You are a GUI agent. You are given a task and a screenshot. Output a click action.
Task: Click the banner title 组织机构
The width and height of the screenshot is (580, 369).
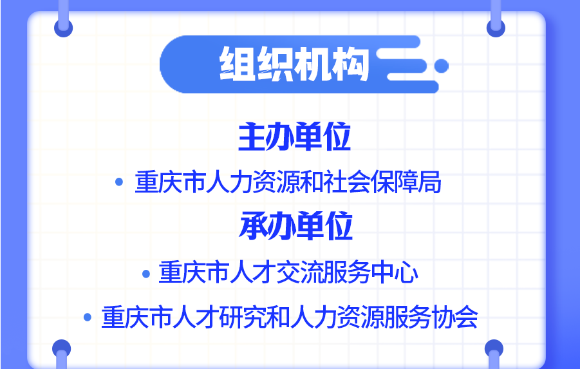click(294, 64)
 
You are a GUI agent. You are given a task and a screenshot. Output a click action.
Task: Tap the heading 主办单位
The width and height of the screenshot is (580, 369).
click(294, 138)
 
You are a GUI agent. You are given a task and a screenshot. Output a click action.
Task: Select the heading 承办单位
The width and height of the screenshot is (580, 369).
click(295, 226)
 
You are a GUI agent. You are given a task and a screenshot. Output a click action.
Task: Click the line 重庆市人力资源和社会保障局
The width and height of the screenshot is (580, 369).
click(288, 183)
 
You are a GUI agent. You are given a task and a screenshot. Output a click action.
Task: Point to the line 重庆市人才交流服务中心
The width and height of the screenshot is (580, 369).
click(288, 273)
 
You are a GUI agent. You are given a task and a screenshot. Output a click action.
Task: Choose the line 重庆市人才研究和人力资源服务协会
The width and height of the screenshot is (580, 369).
click(289, 317)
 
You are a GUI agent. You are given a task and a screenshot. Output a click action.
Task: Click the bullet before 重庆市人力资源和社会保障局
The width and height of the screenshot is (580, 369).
click(118, 182)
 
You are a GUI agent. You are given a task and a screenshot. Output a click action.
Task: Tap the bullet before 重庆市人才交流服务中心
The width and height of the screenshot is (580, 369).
click(145, 273)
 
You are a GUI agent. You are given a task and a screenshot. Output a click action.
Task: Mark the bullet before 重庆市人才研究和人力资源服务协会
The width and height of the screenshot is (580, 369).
click(88, 317)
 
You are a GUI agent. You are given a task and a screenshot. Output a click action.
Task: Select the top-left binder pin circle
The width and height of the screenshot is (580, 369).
click(64, 28)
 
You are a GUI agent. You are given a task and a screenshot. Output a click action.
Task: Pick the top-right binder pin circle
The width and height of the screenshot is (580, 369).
click(496, 28)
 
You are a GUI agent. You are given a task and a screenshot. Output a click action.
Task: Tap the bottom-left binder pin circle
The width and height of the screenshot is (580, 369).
click(62, 348)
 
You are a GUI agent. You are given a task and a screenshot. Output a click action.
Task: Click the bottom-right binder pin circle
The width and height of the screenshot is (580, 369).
click(494, 348)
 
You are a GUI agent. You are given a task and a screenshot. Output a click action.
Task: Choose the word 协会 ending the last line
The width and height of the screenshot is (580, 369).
click(458, 317)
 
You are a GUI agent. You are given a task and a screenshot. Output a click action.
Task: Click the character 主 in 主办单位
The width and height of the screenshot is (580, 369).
click(252, 138)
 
